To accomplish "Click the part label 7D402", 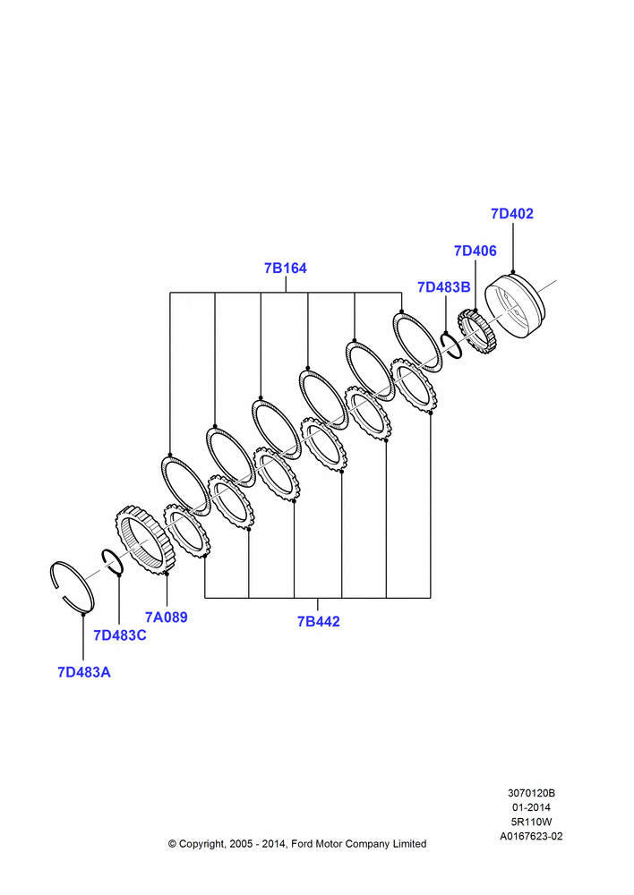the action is [x=512, y=214].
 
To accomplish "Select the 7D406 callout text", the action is [x=475, y=251].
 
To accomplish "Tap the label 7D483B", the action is [x=444, y=287].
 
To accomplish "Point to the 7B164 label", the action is [x=285, y=268].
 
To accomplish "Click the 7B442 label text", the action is [x=318, y=622].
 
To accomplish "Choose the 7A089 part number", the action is [x=167, y=617].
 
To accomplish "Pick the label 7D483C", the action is [x=120, y=635].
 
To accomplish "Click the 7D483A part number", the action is [x=84, y=672].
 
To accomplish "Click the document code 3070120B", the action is [x=531, y=793].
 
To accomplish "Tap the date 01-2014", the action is [x=531, y=807].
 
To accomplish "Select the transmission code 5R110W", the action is [x=531, y=822].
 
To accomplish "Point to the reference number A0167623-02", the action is [x=531, y=836].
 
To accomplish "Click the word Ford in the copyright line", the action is [x=304, y=844].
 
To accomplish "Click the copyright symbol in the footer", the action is [x=172, y=844].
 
